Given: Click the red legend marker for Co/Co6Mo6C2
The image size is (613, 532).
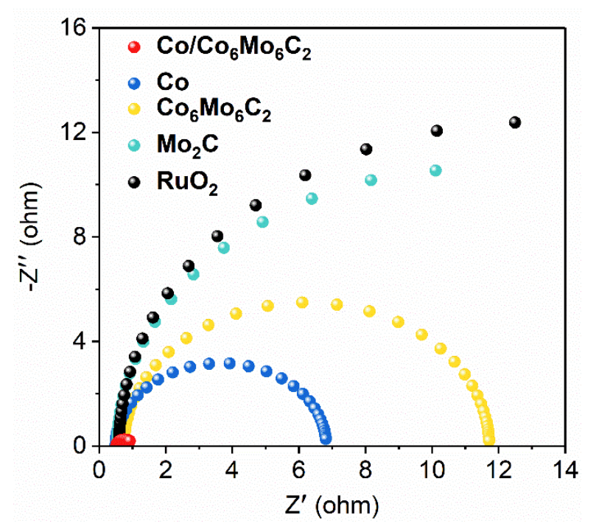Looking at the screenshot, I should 133,48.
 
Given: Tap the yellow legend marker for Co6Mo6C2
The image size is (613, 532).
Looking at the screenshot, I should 133,110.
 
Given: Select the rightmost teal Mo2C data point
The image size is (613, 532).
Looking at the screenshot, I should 435,170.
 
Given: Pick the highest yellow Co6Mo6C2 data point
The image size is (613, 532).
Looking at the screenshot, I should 302,302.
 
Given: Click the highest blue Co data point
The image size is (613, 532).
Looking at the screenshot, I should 229,363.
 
